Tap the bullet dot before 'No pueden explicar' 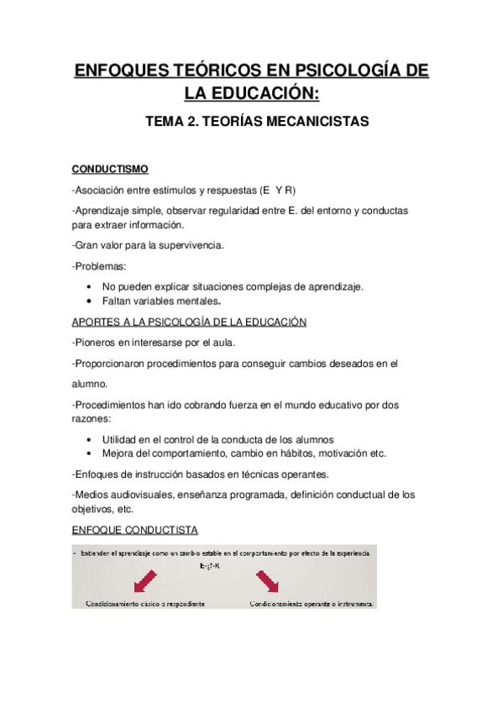tap(90, 287)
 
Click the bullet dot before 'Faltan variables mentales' tap(90, 301)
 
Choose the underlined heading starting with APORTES tap(189, 322)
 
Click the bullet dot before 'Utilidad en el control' tap(90, 439)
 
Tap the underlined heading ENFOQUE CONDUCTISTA tap(134, 531)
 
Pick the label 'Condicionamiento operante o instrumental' tap(311, 603)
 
